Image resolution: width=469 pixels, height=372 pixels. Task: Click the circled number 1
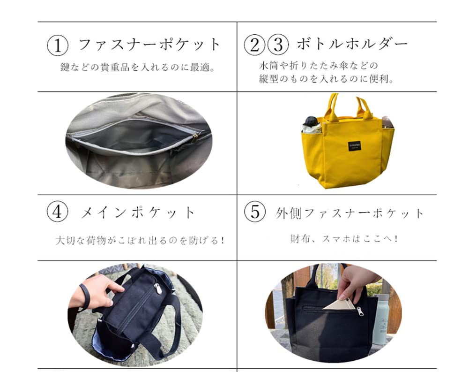point(58,46)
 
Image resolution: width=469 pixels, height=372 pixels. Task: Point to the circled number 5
point(255,213)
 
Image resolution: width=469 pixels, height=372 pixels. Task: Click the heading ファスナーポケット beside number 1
point(149,45)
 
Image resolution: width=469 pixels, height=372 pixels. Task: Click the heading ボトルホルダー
point(352,45)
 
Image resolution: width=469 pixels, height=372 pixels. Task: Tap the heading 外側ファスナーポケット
point(349,213)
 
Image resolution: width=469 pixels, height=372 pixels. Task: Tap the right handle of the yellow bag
point(364,108)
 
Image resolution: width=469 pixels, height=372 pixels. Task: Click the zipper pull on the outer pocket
point(359,311)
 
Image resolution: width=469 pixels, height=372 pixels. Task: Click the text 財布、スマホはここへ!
point(344,239)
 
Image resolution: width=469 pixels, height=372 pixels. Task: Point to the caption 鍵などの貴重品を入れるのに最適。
point(138,67)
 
